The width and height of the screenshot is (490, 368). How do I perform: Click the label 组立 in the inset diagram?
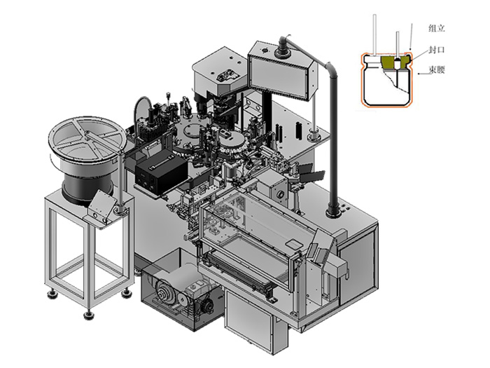point(436,29)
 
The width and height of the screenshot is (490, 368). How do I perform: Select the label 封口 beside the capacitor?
point(437,50)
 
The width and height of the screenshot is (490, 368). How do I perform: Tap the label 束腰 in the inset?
point(437,69)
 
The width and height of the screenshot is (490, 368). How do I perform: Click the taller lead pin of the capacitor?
point(375,35)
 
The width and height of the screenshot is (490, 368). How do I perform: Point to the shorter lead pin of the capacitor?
point(398,45)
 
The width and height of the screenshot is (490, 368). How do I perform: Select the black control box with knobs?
point(161,172)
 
